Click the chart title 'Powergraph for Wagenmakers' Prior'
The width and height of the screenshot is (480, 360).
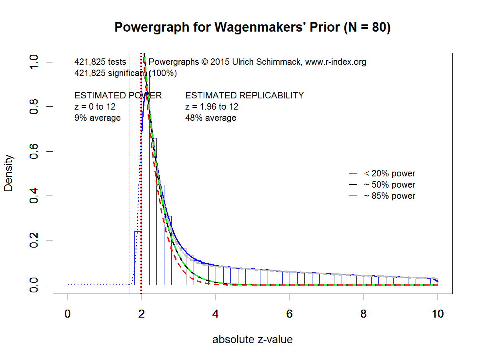pyautogui.click(x=252, y=28)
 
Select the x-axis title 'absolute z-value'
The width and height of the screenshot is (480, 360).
pyautogui.click(x=252, y=340)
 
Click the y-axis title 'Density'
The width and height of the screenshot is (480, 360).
pyautogui.click(x=9, y=173)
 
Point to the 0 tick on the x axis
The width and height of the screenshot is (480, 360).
pyautogui.click(x=68, y=314)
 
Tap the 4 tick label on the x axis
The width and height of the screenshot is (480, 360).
pyautogui.click(x=216, y=314)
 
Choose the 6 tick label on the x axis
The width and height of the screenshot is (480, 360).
pyautogui.click(x=290, y=314)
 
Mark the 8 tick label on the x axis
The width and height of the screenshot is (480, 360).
pyautogui.click(x=364, y=314)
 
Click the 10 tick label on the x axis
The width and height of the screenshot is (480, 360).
pyautogui.click(x=438, y=314)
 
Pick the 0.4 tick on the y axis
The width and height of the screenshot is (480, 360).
pyautogui.click(x=34, y=196)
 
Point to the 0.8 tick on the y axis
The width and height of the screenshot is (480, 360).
pyautogui.click(x=34, y=107)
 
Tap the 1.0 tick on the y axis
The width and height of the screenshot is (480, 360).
pyautogui.click(x=34, y=62)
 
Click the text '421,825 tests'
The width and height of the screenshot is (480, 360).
pyautogui.click(x=100, y=62)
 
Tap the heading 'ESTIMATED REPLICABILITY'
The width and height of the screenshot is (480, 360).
pyautogui.click(x=244, y=96)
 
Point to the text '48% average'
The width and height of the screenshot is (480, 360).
pyautogui.click(x=210, y=118)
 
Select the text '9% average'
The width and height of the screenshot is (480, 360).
pyautogui.click(x=98, y=118)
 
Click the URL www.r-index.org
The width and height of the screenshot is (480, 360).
pyautogui.click(x=336, y=62)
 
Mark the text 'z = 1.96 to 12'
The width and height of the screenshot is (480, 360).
pyautogui.click(x=212, y=107)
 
